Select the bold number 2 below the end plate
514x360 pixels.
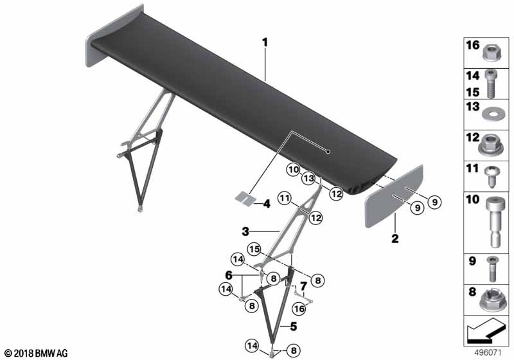[x=395, y=239]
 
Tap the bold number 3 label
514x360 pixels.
[x=245, y=230]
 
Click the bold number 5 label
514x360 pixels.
[x=293, y=326]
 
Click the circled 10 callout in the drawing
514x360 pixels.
[x=294, y=170]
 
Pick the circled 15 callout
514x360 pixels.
[x=254, y=248]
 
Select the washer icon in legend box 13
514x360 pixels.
[x=492, y=114]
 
